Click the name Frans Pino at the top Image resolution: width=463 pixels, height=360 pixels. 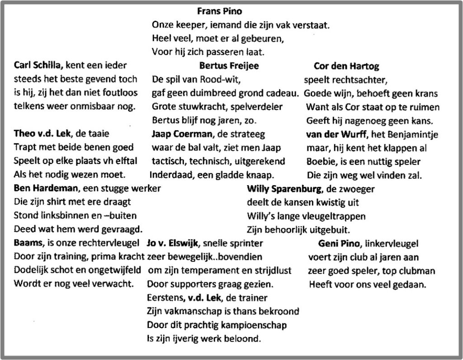[219, 11]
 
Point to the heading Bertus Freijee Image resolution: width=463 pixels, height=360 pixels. [229, 66]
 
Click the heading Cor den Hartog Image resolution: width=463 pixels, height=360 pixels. [346, 66]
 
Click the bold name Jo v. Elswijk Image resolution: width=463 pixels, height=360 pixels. [174, 243]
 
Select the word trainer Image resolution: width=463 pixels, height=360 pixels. [253, 298]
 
